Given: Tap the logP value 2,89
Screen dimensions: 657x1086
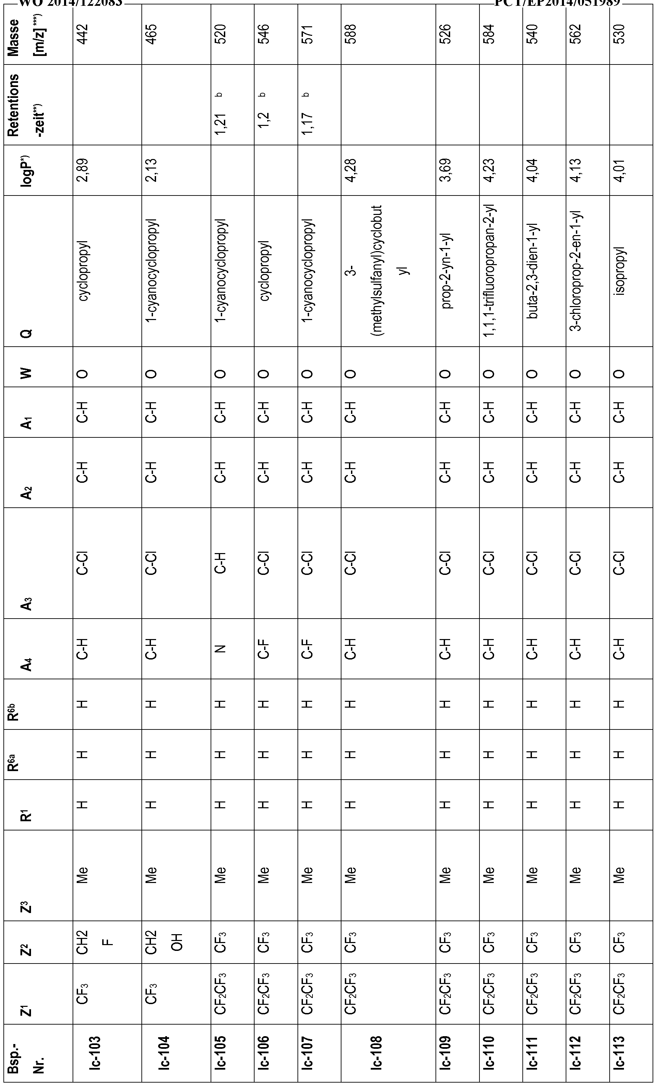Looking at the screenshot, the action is pos(83,170).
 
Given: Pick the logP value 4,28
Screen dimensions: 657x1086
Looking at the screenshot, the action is pos(352,170).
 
